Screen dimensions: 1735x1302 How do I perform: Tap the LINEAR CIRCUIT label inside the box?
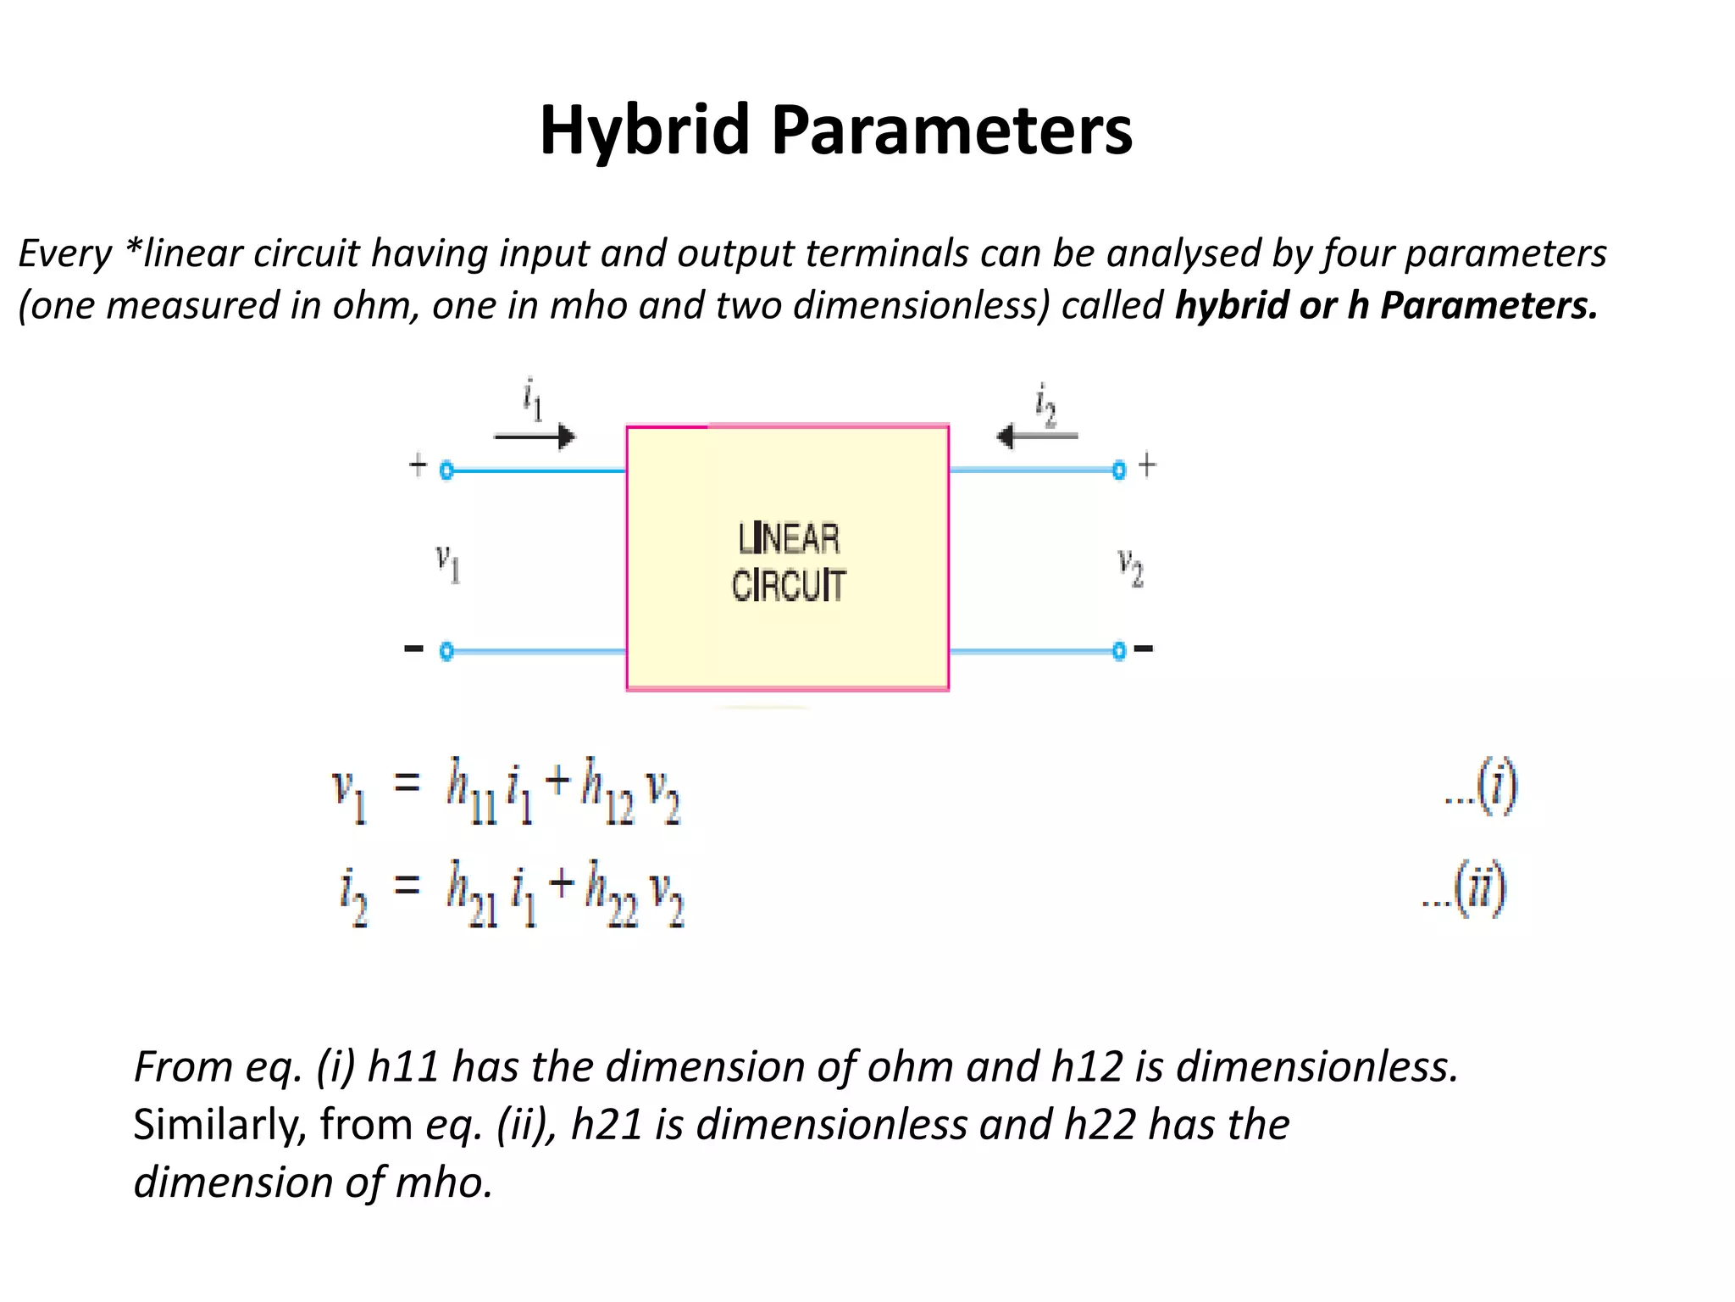(x=788, y=562)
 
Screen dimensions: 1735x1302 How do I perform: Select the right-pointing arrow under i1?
(x=535, y=437)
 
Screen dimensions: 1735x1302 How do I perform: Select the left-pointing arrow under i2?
(x=1038, y=437)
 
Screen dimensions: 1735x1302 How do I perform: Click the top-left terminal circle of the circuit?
(x=447, y=470)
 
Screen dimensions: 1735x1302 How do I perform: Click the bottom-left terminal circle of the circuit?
(x=447, y=651)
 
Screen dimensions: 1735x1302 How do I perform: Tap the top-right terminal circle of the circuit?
(x=1119, y=470)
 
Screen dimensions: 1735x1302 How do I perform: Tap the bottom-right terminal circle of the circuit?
(x=1119, y=651)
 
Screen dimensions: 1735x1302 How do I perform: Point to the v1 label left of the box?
(x=447, y=564)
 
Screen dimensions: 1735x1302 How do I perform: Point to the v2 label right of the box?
(x=1130, y=566)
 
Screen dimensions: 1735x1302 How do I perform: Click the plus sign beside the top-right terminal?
(x=1147, y=465)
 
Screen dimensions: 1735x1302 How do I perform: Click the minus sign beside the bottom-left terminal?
(x=413, y=649)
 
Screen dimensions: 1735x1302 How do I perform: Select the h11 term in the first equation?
(x=471, y=791)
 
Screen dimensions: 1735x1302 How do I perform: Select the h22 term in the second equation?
(x=611, y=893)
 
